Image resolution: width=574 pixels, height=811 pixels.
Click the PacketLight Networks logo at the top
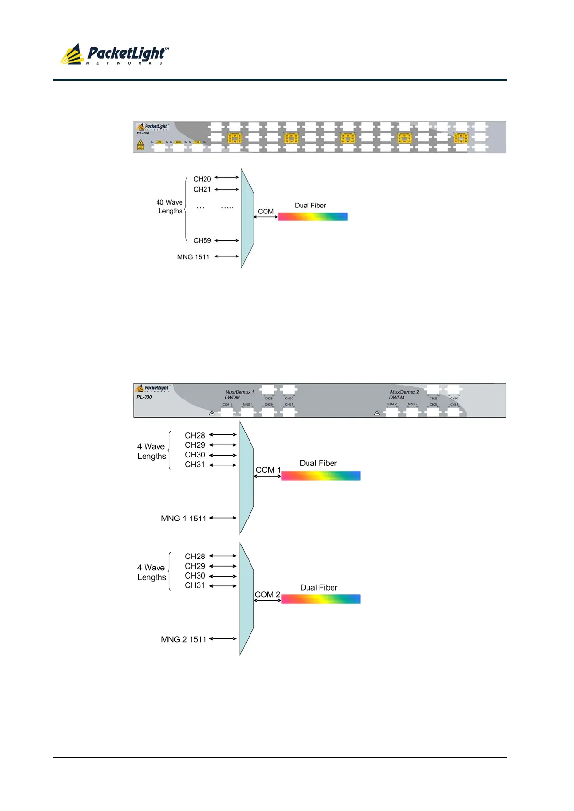114,54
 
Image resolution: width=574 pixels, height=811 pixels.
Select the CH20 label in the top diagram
202,179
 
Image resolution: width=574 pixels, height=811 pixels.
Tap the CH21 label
202,190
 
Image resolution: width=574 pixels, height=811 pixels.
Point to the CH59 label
202,241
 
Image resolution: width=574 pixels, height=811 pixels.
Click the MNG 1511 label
193,257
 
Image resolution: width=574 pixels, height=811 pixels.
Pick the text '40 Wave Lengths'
169,207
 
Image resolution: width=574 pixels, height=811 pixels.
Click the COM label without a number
266,212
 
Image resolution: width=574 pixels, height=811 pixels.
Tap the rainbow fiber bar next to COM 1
320,476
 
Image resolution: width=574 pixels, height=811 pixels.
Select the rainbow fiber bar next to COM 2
320,599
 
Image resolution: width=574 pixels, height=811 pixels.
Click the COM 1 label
268,470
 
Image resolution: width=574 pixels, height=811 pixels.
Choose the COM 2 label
267,595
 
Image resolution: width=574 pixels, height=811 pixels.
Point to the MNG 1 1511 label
184,519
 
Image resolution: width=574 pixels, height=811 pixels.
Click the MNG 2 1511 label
184,639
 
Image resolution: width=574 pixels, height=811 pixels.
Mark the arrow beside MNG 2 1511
223,639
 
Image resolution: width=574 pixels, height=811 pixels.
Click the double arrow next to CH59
227,241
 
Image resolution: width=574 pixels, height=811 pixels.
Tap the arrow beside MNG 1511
227,257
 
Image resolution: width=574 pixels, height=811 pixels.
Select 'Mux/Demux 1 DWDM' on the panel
239,395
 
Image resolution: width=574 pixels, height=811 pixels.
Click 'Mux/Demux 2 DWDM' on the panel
404,395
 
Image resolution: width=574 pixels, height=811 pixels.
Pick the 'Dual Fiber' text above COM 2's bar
319,588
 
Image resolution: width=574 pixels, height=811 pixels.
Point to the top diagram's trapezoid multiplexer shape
247,218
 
